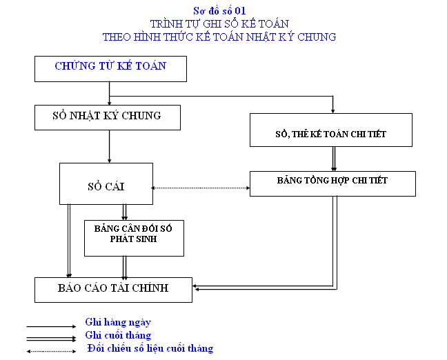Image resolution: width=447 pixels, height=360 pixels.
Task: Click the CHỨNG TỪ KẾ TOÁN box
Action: tap(110, 68)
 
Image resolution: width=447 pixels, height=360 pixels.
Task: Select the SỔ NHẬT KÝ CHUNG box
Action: tap(107, 117)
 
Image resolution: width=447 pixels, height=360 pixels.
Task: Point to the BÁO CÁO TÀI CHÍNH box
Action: tap(113, 289)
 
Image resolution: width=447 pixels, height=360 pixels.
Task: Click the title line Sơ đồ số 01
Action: tap(219, 11)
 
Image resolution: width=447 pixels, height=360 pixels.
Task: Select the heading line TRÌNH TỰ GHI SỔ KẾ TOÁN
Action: tap(219, 24)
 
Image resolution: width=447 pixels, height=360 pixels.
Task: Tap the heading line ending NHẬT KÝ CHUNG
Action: tap(219, 37)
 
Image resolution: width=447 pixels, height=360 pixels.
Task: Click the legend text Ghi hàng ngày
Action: tap(118, 322)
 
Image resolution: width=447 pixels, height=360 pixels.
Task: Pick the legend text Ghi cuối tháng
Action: tap(118, 335)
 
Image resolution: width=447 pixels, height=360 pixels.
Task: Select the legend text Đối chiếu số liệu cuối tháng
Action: tap(150, 348)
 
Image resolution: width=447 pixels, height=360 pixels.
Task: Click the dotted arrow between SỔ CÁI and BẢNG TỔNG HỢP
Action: tap(201, 188)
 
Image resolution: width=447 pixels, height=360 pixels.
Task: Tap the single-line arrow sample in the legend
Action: tap(51, 326)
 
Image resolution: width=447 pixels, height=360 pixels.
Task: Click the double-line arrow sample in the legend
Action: tap(51, 338)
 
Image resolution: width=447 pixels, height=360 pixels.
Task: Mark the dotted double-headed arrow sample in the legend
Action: tap(51, 351)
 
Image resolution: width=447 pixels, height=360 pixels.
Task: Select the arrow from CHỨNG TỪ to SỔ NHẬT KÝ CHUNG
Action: tap(110, 93)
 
